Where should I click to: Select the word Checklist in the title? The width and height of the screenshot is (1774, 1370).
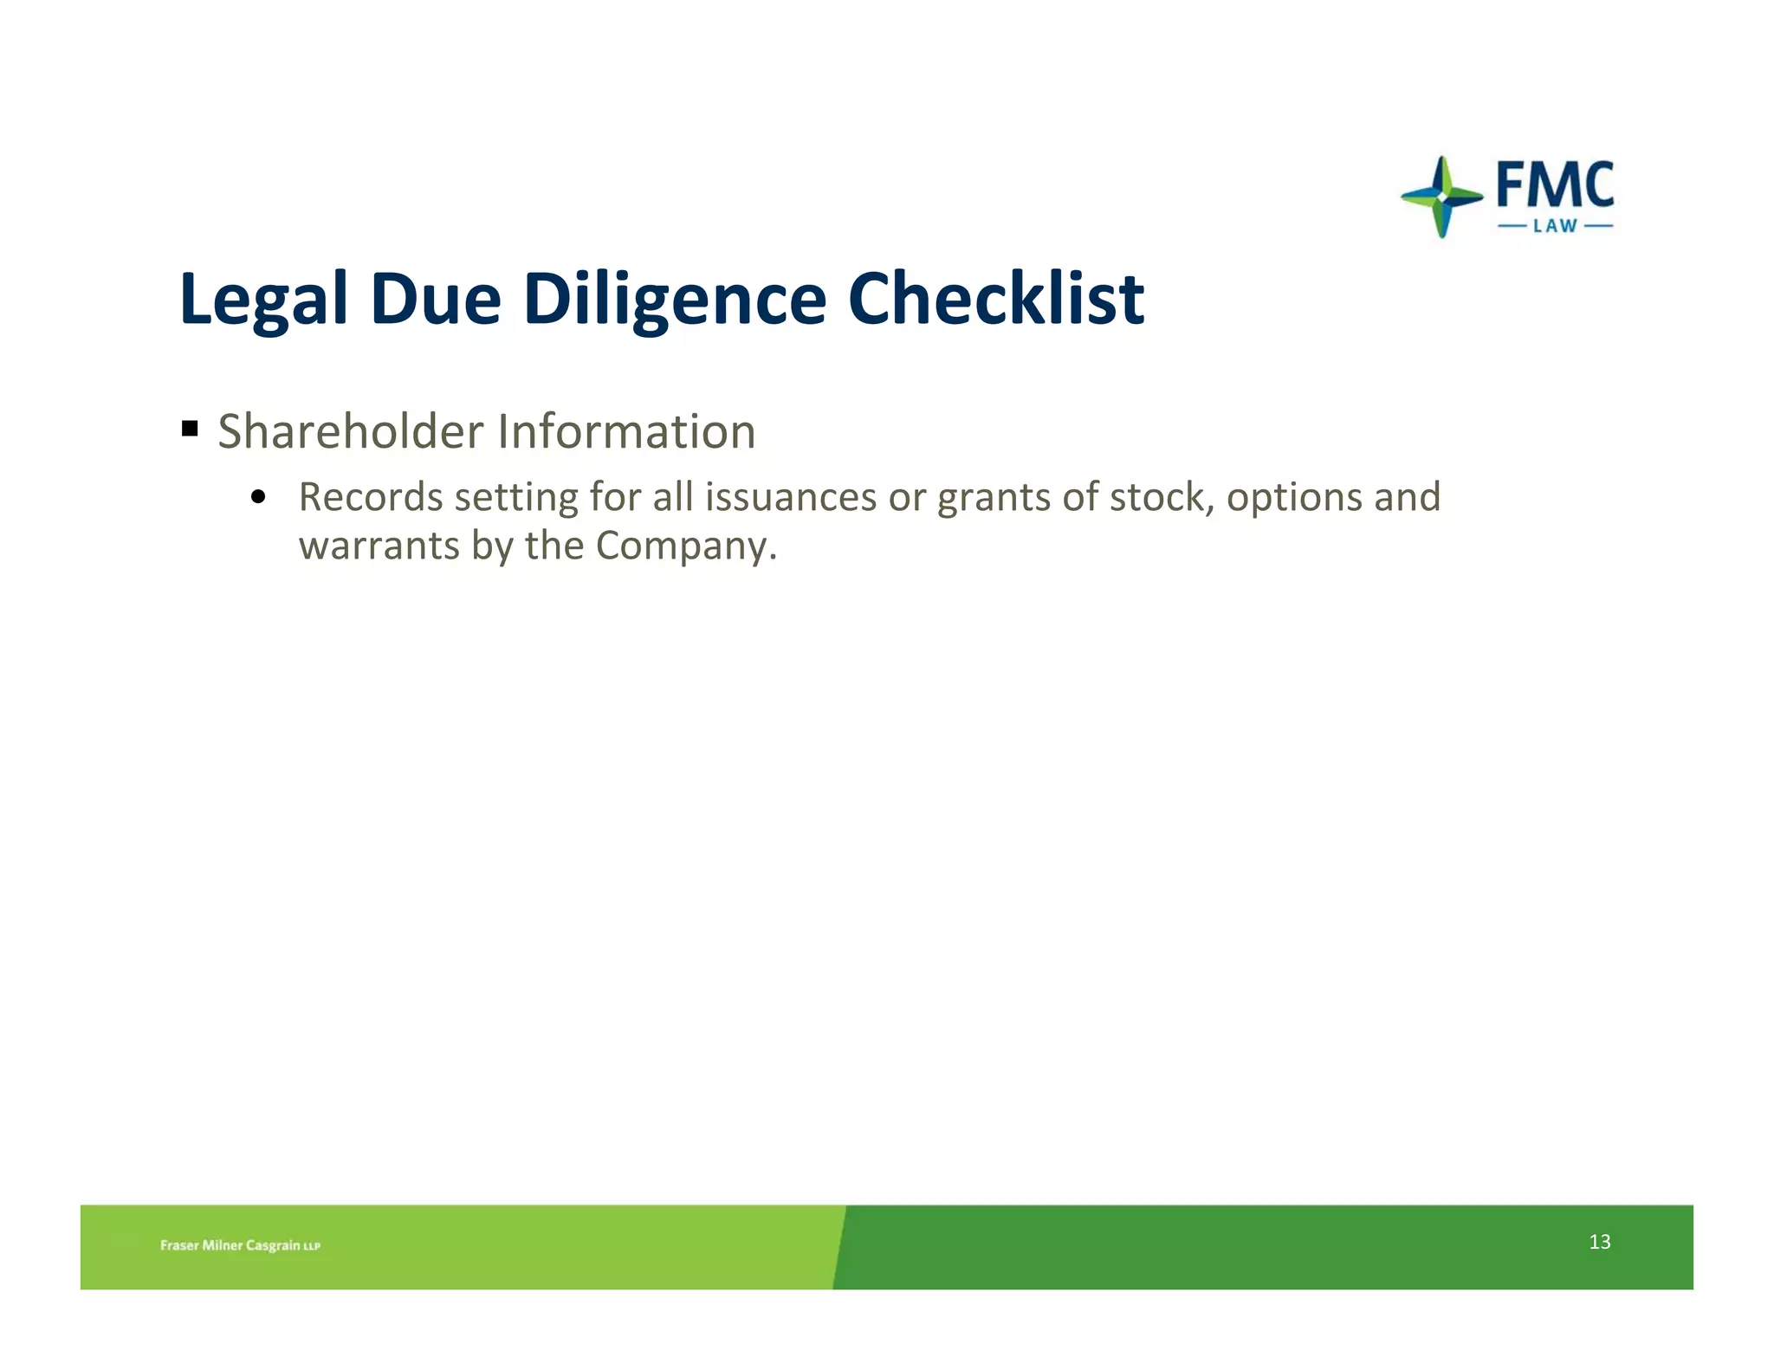coord(996,298)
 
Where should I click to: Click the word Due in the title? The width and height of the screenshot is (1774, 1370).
coord(436,298)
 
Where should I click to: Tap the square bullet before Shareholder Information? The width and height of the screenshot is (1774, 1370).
coord(191,428)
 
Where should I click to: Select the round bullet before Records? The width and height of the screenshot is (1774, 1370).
coord(257,497)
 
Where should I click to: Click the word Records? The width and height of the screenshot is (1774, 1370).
coord(371,497)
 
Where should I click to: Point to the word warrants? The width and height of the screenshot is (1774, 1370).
coord(379,546)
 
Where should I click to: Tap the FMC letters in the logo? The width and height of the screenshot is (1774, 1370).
coord(1555,184)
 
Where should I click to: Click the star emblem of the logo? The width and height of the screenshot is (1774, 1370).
coord(1441,197)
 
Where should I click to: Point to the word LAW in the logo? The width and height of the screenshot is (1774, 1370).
coord(1555,226)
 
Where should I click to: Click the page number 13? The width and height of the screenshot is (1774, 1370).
coord(1599,1242)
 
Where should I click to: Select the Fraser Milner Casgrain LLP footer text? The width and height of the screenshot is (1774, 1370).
coord(240,1245)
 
